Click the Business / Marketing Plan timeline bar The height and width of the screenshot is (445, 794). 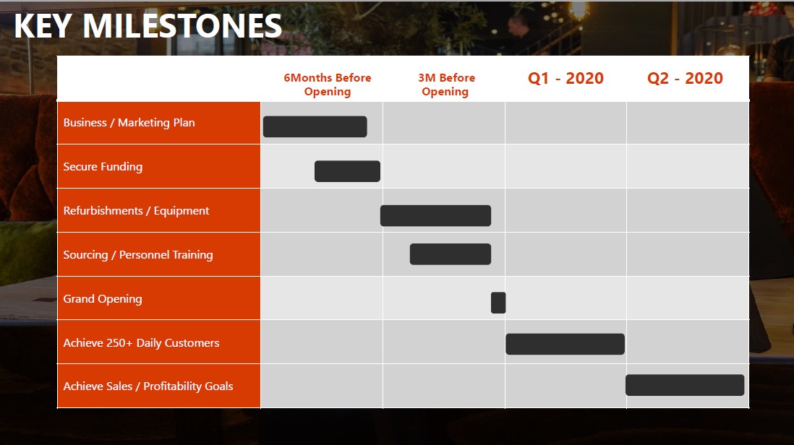[x=315, y=126]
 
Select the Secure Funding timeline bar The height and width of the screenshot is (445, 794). [x=347, y=171]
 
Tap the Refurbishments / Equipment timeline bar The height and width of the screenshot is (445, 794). [x=435, y=215]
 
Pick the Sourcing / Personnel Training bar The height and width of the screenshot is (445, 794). [x=451, y=254]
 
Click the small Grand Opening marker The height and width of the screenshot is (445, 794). [x=498, y=303]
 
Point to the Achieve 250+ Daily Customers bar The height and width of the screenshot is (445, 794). [x=565, y=344]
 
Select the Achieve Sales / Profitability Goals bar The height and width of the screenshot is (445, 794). [x=685, y=385]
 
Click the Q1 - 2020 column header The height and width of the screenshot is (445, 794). [x=565, y=78]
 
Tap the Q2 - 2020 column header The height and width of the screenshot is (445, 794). [x=685, y=78]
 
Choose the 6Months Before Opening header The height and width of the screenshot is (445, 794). [x=327, y=85]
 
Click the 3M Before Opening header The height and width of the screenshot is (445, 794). [x=446, y=85]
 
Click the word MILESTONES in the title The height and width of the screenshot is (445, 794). [x=182, y=26]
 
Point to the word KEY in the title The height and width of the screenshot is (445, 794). [x=43, y=26]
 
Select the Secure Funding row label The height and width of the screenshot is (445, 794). [x=103, y=167]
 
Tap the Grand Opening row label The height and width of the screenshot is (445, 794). [x=102, y=299]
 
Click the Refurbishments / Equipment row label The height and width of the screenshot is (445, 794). [x=136, y=211]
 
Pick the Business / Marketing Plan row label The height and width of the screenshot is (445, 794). [x=129, y=123]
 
